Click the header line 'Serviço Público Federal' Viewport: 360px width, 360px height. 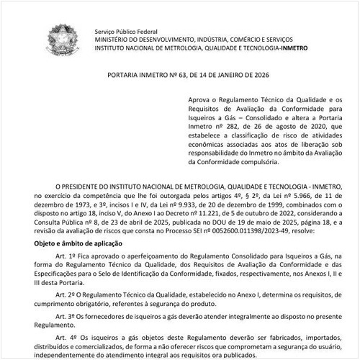pos(127,32)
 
